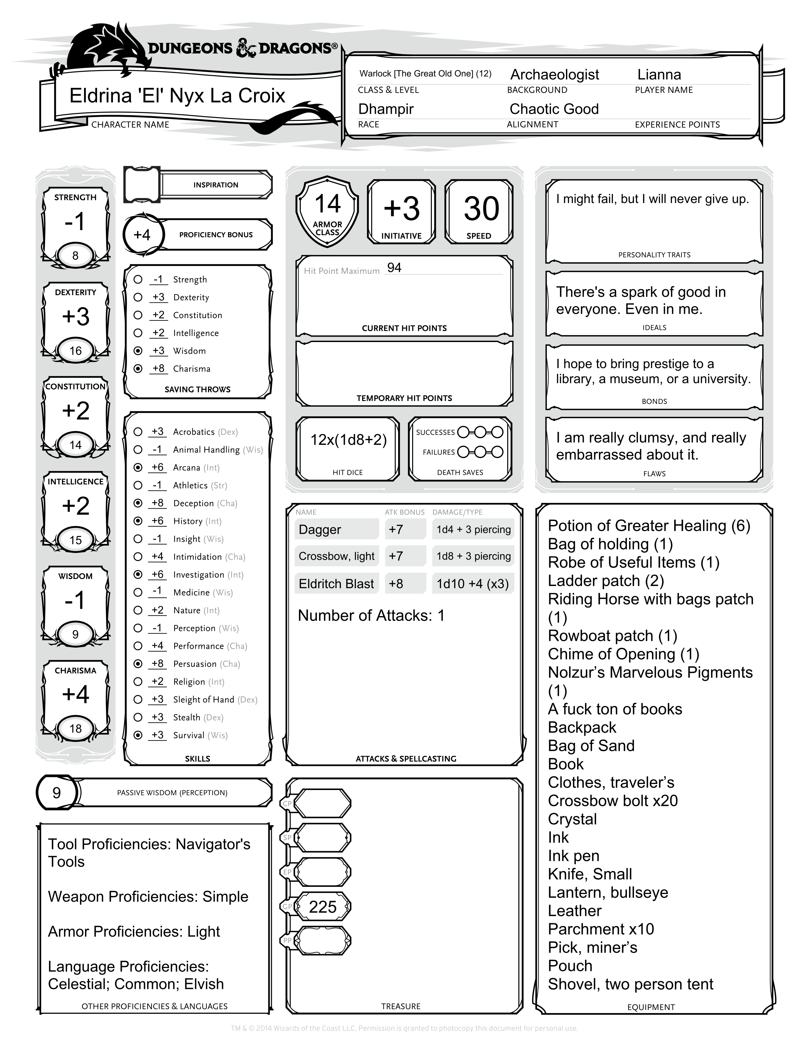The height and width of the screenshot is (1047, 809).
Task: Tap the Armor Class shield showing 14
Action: (327, 211)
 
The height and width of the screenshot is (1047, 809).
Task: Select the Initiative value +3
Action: (402, 209)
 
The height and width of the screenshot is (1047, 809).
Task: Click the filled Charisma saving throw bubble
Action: (138, 369)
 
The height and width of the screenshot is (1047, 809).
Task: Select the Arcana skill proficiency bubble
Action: (138, 467)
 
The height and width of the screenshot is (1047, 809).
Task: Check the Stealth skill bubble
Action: (138, 717)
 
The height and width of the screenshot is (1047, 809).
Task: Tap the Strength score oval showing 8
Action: (75, 255)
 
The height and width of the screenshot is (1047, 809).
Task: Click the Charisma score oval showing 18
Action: (75, 729)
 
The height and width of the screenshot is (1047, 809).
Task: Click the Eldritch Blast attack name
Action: (336, 584)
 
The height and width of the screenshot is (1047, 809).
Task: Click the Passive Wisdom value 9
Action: (56, 793)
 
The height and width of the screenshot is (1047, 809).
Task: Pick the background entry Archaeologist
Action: (555, 75)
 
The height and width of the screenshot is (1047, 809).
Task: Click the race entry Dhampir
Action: (386, 109)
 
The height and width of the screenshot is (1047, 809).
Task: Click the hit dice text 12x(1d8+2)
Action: (348, 440)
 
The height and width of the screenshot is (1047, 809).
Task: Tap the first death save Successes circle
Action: (463, 432)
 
